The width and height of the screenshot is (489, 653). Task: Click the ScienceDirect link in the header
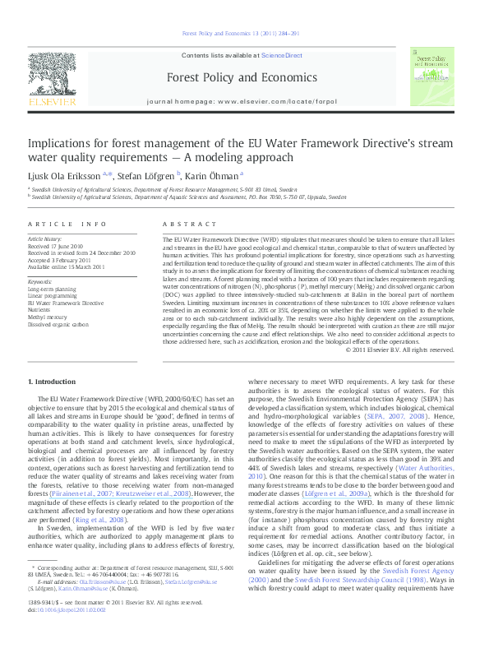tap(282, 55)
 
